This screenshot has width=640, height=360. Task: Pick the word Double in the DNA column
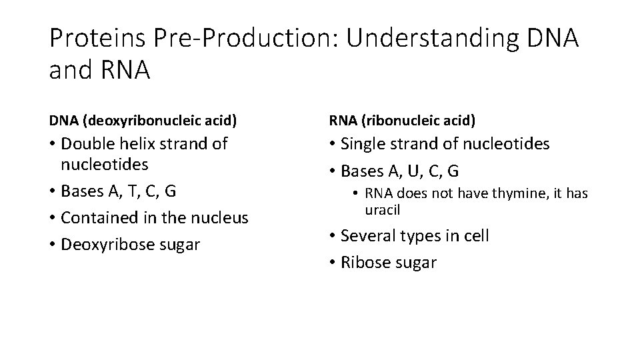click(x=86, y=144)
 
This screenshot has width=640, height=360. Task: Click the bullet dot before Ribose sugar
click(x=332, y=263)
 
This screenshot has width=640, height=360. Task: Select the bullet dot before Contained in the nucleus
click(x=52, y=218)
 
